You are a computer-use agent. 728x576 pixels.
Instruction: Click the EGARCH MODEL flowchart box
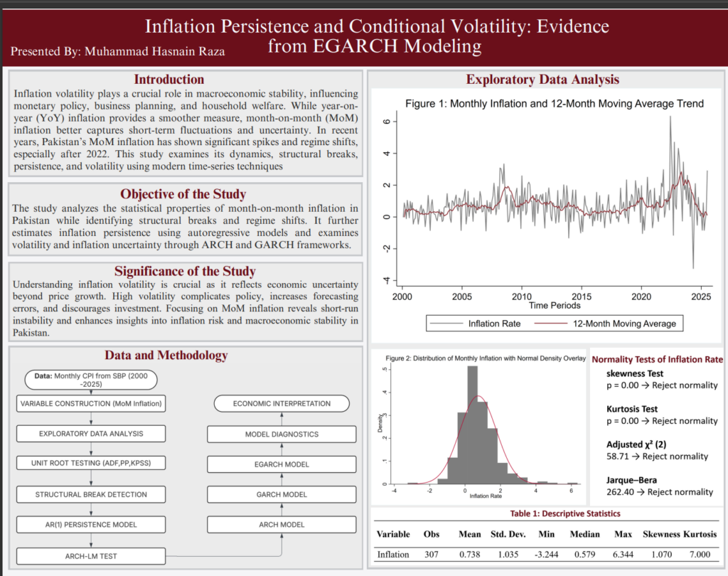click(282, 464)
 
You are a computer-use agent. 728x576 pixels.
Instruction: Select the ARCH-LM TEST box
click(91, 556)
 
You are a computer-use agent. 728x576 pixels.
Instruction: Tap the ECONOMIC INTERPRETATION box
click(282, 404)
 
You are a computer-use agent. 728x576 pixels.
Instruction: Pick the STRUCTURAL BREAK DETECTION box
click(91, 494)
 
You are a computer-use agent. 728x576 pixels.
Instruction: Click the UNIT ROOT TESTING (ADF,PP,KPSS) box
click(91, 463)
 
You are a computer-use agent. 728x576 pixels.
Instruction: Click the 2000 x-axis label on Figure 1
click(402, 297)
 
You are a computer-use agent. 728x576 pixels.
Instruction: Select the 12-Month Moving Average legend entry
click(606, 324)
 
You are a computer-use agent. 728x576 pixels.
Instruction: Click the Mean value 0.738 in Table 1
click(470, 554)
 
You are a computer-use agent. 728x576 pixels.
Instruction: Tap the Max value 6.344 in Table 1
click(623, 554)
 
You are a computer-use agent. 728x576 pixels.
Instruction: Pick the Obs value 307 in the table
click(432, 554)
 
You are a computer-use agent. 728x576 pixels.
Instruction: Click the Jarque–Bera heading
click(631, 480)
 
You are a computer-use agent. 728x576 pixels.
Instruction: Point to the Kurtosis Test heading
click(632, 409)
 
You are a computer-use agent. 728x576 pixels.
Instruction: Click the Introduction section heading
click(169, 80)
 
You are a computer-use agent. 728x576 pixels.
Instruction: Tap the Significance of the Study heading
click(186, 271)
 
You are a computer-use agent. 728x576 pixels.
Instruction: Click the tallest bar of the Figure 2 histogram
click(472, 425)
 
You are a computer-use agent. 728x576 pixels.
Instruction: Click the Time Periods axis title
click(555, 306)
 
